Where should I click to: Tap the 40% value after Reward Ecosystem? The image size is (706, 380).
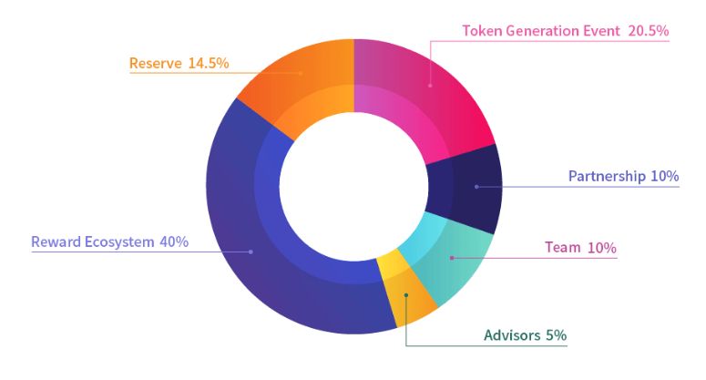(x=173, y=242)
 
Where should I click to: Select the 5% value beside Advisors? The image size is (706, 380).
(x=556, y=335)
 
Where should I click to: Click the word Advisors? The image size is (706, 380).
(x=512, y=335)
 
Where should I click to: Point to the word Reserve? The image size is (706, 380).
(x=156, y=64)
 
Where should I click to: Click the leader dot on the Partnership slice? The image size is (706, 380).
(x=476, y=187)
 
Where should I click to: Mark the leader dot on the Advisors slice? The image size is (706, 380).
(x=406, y=295)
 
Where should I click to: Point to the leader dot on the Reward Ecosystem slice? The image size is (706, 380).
(x=251, y=251)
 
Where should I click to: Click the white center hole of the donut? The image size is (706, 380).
(x=353, y=186)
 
